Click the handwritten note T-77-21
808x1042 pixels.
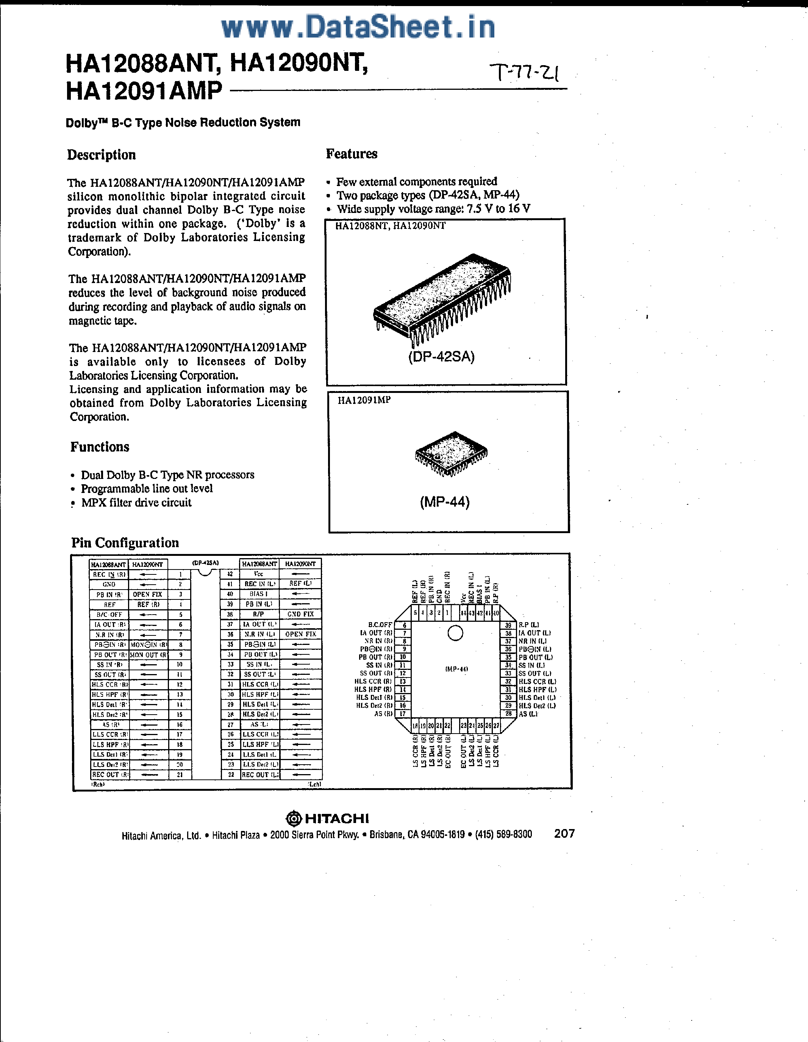click(526, 72)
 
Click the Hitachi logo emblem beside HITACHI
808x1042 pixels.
click(294, 819)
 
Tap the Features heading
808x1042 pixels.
click(352, 153)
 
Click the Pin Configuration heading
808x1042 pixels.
click(125, 543)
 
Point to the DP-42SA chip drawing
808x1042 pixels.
click(441, 298)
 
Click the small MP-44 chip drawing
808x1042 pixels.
click(451, 453)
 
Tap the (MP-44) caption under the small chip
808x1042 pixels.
click(445, 502)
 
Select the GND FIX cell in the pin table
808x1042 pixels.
click(300, 614)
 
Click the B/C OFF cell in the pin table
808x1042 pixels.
click(109, 615)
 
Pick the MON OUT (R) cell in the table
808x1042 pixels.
click(148, 655)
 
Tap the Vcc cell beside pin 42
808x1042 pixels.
click(258, 574)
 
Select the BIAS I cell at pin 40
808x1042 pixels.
click(258, 594)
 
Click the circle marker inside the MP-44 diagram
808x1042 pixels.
click(455, 633)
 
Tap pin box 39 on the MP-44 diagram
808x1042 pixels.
click(508, 625)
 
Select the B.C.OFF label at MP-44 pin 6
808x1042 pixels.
click(380, 624)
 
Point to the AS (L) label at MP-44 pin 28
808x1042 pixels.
click(528, 714)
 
